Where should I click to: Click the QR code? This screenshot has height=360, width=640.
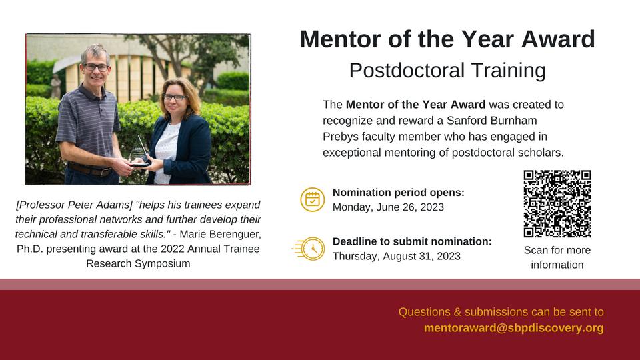pos(557,204)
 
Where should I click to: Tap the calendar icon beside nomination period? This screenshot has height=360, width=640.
pos(313,199)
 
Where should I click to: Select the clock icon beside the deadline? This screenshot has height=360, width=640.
pos(309,249)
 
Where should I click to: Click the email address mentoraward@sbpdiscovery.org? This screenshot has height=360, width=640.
pos(513,328)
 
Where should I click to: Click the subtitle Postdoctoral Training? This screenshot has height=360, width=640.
pos(447,70)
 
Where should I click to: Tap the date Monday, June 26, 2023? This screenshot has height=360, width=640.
pos(388,207)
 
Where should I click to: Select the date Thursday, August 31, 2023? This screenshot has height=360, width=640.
pos(396,256)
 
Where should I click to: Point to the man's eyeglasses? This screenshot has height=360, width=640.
pos(96,67)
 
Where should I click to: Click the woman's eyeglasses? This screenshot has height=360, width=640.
pos(174,97)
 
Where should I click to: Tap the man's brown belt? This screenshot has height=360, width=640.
pos(89,170)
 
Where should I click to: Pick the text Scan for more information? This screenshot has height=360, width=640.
pos(557,257)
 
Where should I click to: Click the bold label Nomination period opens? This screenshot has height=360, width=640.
pos(399,192)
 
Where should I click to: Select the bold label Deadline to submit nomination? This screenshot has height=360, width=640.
pos(412,241)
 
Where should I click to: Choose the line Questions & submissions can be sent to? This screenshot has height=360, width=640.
pos(501,312)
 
